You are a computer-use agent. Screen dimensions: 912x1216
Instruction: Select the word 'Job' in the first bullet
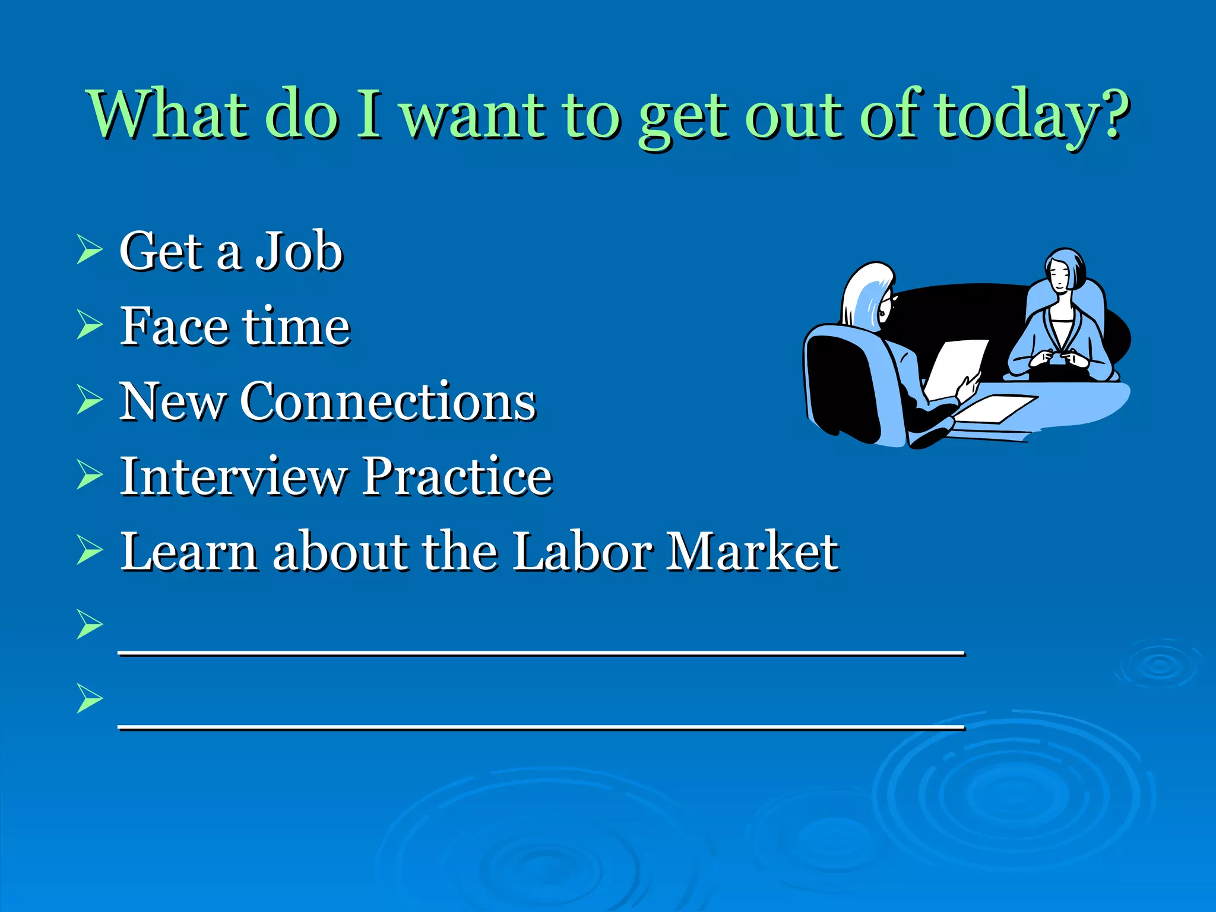point(299,252)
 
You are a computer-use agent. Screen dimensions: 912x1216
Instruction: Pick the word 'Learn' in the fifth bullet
point(189,552)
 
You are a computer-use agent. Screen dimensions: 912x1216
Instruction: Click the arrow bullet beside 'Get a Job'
point(90,249)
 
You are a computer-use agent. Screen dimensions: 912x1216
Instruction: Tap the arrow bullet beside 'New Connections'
point(90,399)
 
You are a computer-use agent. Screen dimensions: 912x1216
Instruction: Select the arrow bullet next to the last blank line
point(90,698)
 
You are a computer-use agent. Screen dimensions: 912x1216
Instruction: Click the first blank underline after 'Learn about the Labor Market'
point(540,651)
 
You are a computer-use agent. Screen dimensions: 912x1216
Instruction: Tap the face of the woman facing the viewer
point(1060,277)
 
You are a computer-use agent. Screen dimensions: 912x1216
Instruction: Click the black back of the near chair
point(843,386)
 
